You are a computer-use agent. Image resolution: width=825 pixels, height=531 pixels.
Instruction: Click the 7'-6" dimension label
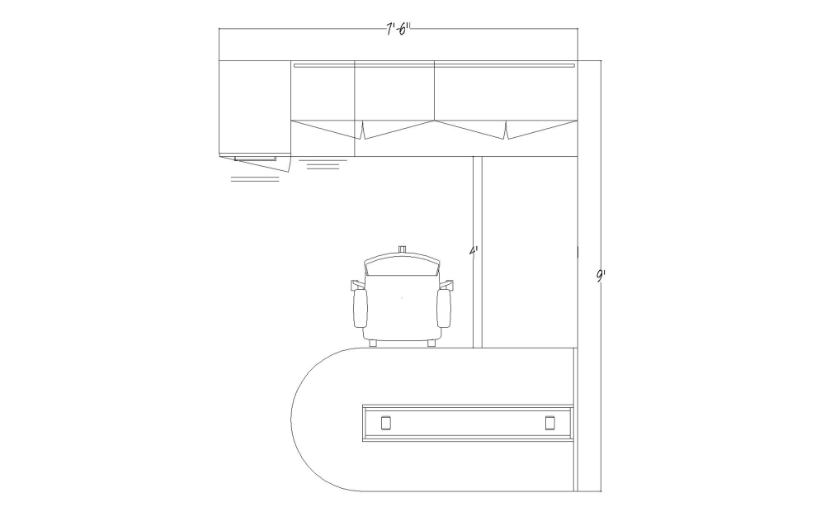pos(398,29)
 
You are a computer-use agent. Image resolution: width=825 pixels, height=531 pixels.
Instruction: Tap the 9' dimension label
pos(601,276)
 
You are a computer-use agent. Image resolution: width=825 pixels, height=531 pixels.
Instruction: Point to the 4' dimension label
pos(474,250)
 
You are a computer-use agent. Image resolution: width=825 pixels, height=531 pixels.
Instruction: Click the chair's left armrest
pos(360,308)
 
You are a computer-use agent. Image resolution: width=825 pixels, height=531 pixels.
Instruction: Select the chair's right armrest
pos(444,308)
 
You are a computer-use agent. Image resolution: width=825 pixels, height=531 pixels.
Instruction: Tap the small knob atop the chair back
pos(403,249)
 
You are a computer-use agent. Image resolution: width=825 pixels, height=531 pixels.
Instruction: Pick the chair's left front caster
pos(373,343)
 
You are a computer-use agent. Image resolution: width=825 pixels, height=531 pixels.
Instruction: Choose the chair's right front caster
pos(431,343)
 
